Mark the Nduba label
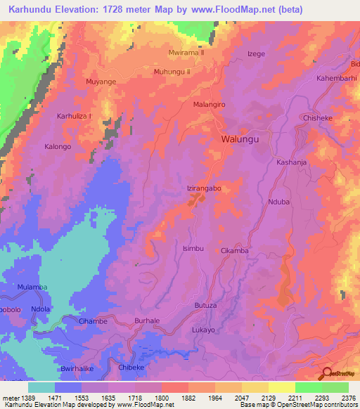pos(278,202)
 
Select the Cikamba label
pos(235,251)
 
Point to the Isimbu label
pos(193,249)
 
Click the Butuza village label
pos(205,306)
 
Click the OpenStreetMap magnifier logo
pos(326,374)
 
